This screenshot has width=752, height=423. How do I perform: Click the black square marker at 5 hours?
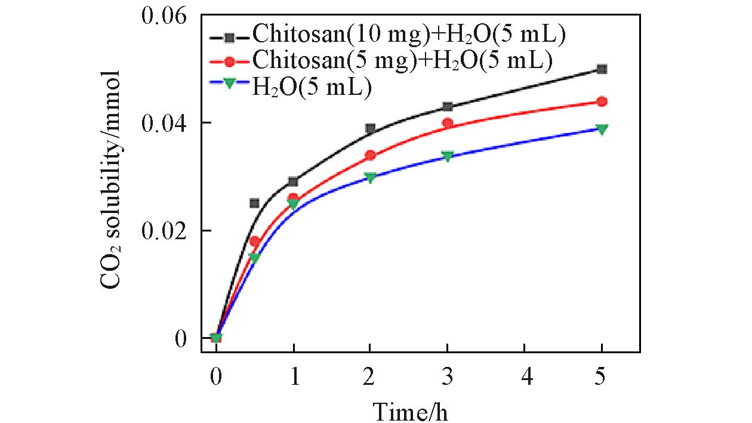[x=602, y=69]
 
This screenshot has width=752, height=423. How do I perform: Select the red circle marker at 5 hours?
[x=602, y=101]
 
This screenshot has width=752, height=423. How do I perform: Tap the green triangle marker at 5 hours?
[x=602, y=129]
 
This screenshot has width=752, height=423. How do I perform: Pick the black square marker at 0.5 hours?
[x=254, y=203]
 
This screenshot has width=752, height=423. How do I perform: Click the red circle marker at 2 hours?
[x=370, y=155]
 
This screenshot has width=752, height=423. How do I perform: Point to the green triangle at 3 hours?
[x=447, y=156]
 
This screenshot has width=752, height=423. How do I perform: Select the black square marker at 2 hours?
[x=370, y=128]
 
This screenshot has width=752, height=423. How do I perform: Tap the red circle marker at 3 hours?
[x=447, y=123]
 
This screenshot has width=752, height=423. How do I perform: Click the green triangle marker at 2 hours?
[x=370, y=177]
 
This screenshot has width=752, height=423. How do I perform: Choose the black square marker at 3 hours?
[x=447, y=107]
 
